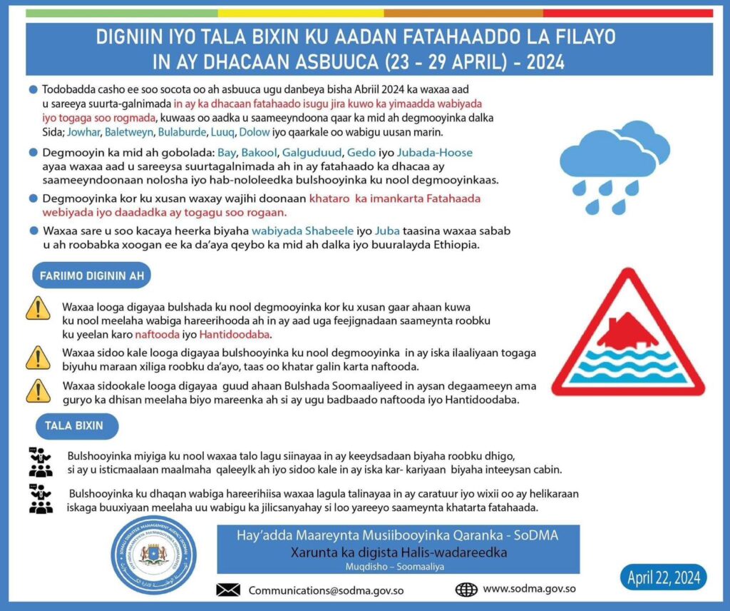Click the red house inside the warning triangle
[627, 330]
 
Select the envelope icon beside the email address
[228, 590]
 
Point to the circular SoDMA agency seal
[155, 555]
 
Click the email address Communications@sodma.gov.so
[327, 590]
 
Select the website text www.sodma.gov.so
[529, 590]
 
